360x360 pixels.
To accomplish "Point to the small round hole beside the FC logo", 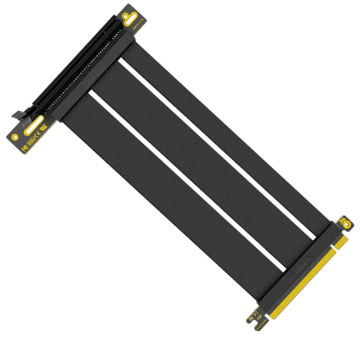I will [x=15, y=136].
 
